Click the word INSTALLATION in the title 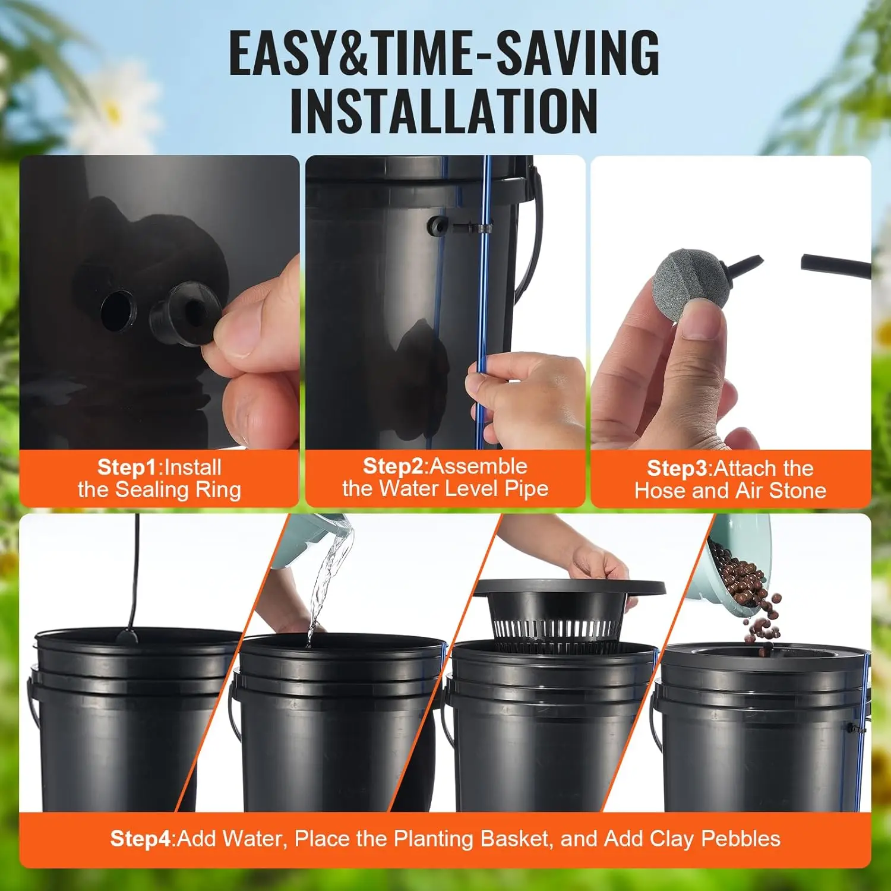click(x=444, y=112)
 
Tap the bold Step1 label click(x=128, y=467)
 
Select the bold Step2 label click(x=393, y=466)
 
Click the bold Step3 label click(x=677, y=469)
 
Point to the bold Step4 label click(x=141, y=839)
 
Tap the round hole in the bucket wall click(x=117, y=310)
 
